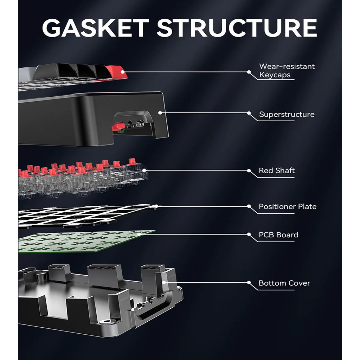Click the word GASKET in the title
pos(96,28)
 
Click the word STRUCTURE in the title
pos(237,28)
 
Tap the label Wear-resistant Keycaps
pos(287,70)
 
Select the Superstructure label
pos(287,114)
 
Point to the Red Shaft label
pos(277,171)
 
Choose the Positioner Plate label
pos(288,206)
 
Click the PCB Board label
pos(278,234)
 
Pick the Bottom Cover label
pos(284,283)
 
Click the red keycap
pos(116,72)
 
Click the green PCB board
pos(85,241)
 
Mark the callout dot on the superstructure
pos(160,113)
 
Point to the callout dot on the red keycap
pos(123,72)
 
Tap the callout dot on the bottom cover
pos(164,282)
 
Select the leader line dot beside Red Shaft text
pos(249,171)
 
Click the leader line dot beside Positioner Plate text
pos(249,206)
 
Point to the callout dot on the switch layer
pos(144,171)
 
